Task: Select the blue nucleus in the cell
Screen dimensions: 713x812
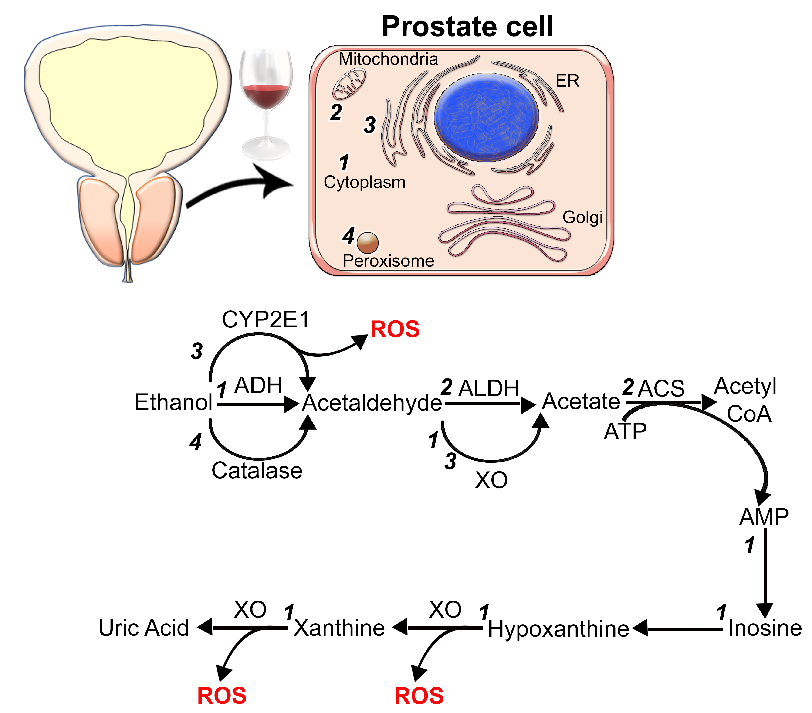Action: click(x=487, y=117)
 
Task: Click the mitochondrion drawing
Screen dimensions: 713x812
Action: click(x=349, y=84)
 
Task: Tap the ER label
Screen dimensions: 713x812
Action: click(x=567, y=81)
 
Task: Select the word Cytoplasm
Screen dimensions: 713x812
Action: click(x=364, y=182)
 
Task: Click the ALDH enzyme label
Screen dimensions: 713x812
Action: click(x=489, y=388)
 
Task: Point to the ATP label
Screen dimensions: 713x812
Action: click(x=625, y=432)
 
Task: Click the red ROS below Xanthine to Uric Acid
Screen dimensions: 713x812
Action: click(x=222, y=696)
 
